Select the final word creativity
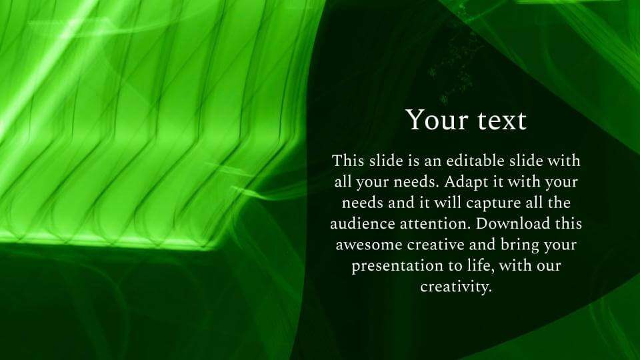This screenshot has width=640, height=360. point(456,287)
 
